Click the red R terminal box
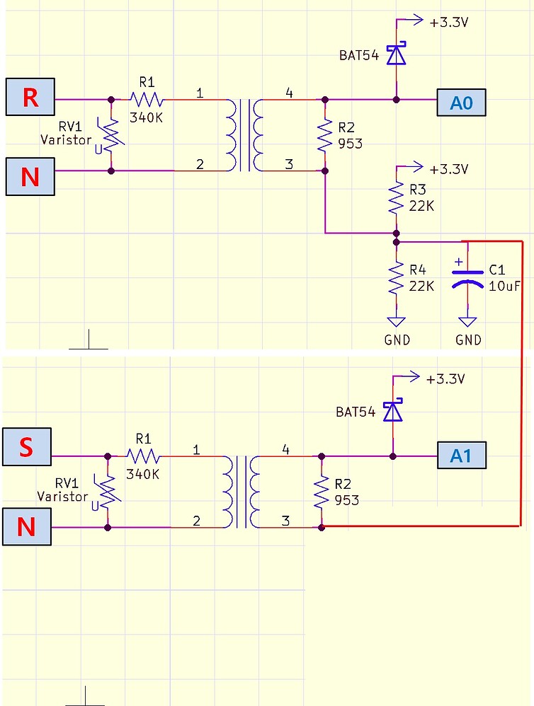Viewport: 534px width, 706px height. [x=30, y=97]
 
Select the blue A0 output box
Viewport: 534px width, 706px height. [x=461, y=103]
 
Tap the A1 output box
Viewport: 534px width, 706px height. [x=462, y=455]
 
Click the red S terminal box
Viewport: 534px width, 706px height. [x=27, y=446]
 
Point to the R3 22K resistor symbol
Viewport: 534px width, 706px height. [x=396, y=197]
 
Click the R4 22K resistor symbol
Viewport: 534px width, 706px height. [x=396, y=278]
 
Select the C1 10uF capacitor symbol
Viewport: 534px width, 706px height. [x=467, y=278]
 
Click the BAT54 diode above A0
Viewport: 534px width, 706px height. [x=397, y=53]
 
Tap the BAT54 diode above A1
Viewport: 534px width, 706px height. [x=393, y=410]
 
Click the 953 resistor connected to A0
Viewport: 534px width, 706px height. [x=325, y=135]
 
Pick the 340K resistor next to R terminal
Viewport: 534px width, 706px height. [x=147, y=99]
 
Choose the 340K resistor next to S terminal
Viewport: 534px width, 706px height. [x=143, y=456]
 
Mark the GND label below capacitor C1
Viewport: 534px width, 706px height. [x=468, y=340]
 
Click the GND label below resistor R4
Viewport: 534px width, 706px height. [x=397, y=340]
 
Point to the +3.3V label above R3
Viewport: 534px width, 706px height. [x=449, y=169]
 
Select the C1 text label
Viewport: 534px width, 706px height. [x=497, y=270]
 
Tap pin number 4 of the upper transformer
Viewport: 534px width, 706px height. [x=289, y=93]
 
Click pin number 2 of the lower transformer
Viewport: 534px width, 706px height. [x=196, y=521]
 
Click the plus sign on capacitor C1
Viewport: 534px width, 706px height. [x=458, y=262]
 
